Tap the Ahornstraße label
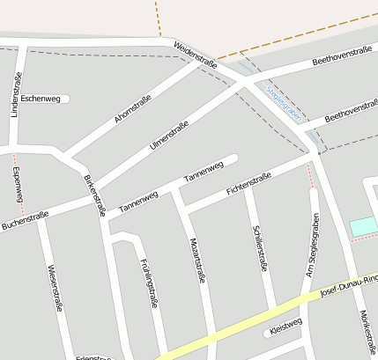click(133, 107)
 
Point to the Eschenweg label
click(40, 99)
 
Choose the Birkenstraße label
click(94, 195)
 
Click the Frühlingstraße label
click(149, 283)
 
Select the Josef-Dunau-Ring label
click(349, 286)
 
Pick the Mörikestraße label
click(365, 334)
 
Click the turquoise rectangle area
click(363, 227)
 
